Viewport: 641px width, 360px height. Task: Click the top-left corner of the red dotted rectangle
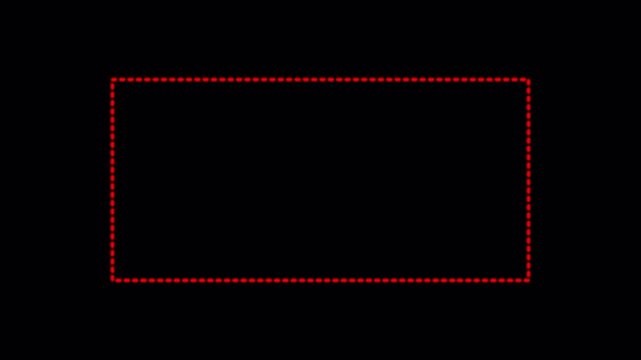113,79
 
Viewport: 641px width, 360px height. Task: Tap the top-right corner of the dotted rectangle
528,79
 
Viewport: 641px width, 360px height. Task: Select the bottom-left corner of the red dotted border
113,280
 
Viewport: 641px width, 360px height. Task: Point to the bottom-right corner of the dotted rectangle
528,280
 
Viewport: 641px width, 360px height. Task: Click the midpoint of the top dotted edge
320,79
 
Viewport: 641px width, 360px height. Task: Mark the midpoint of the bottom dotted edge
320,280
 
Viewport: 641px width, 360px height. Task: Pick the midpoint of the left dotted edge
113,180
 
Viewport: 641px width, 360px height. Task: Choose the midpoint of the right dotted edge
528,180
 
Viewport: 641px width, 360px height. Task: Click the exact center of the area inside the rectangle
320,180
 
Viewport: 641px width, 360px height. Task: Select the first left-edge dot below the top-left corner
113,86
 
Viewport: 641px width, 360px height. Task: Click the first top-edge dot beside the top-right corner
521,79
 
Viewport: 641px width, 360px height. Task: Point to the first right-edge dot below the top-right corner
528,86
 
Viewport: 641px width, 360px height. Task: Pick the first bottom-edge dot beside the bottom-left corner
120,280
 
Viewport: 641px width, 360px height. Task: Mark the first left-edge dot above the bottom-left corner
113,273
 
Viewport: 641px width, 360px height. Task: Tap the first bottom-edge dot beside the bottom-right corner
521,280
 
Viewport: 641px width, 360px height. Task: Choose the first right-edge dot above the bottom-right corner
528,273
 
